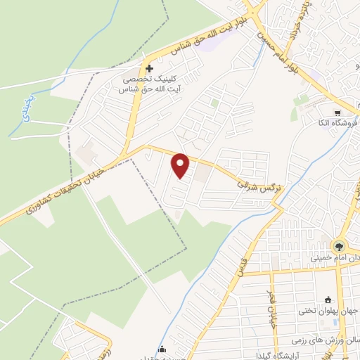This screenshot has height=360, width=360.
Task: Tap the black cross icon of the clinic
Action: pos(149,69)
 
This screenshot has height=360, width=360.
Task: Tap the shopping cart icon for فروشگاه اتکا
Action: pos(337,112)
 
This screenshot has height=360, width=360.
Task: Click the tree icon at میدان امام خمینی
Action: pos(339,246)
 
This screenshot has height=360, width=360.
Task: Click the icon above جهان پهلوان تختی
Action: pos(330,299)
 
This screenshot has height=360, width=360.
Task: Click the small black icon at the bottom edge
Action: pos(163,349)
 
